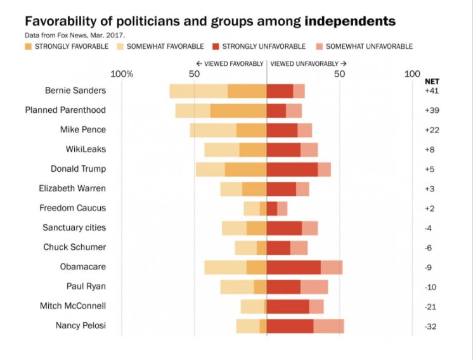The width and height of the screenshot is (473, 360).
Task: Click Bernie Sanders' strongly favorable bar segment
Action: (247, 91)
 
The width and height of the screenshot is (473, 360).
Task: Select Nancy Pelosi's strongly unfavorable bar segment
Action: (290, 326)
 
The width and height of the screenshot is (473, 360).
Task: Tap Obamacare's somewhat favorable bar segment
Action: (225, 267)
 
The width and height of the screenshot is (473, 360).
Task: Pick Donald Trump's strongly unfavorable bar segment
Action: (292, 169)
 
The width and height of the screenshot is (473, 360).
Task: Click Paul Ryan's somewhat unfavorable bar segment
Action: (314, 286)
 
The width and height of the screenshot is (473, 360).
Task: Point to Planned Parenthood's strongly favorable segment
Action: (238, 110)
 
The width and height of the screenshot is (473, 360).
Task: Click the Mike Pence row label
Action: (83, 130)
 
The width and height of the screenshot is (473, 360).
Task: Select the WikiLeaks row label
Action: (86, 150)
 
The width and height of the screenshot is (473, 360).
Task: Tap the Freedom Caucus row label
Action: (72, 208)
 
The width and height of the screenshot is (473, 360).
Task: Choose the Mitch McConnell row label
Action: (72, 306)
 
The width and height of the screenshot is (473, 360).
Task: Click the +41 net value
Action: (432, 91)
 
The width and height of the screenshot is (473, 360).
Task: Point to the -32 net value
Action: (432, 326)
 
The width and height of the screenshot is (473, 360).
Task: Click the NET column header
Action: (432, 81)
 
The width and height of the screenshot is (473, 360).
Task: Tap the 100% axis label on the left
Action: (122, 74)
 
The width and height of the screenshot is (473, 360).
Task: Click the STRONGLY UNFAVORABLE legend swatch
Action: (216, 46)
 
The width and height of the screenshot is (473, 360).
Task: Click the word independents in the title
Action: (350, 22)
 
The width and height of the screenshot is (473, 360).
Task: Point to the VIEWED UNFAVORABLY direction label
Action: (308, 64)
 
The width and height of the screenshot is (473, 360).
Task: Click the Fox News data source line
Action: (75, 35)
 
